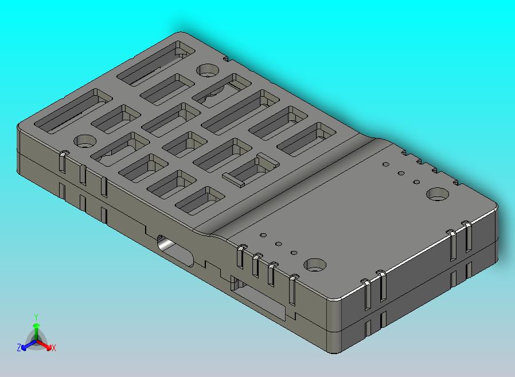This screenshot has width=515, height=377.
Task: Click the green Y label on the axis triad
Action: (36, 317)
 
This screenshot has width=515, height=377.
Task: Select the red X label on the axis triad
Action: (53, 348)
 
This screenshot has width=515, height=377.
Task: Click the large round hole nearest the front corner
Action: (315, 265)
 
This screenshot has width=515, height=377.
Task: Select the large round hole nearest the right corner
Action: (438, 194)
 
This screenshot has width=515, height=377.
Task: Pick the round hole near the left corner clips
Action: (85, 141)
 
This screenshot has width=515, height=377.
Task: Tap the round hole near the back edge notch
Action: (208, 70)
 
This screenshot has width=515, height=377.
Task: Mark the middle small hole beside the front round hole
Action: (278, 244)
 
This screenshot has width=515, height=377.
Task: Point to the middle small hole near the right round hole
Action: (402, 173)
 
